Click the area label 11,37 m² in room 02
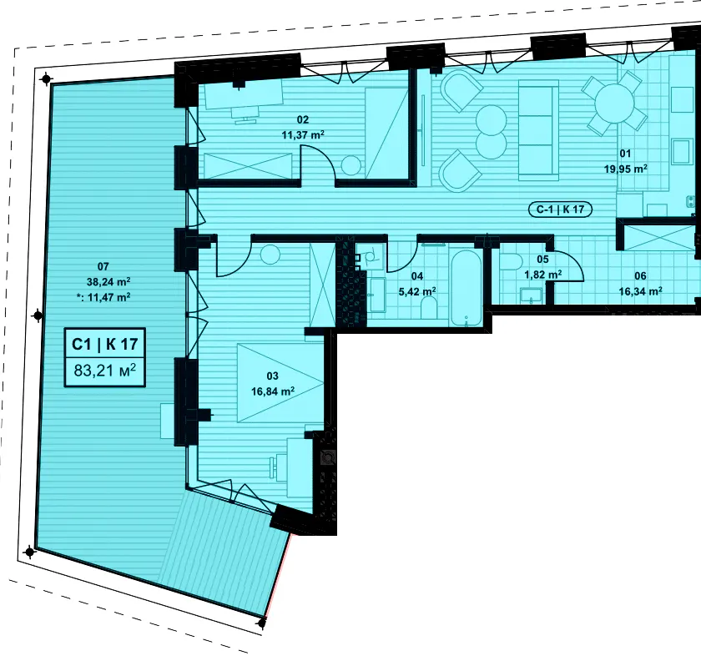(x=303, y=134)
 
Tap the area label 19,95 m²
(x=625, y=169)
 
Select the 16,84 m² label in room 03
(x=273, y=391)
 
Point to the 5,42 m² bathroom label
(x=417, y=291)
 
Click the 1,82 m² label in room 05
(x=542, y=274)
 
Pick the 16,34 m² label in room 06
(x=640, y=291)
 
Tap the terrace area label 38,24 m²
(x=108, y=282)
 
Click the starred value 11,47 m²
(x=103, y=297)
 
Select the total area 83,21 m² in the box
(x=105, y=371)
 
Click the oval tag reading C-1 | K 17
(x=560, y=209)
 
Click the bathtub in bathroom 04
(x=466, y=288)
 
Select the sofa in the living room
(x=538, y=130)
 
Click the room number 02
(x=303, y=119)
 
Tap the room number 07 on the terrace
(x=103, y=266)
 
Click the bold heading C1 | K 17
(x=105, y=344)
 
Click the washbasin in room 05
(x=531, y=295)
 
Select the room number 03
(x=272, y=376)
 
